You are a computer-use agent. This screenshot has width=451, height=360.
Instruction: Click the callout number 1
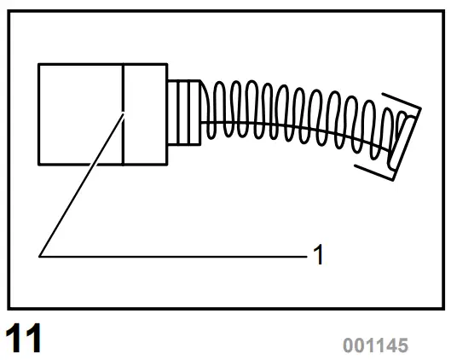point(319,254)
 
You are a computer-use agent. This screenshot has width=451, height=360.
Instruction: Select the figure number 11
point(25,339)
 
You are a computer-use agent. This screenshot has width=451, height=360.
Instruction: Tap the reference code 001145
point(375,345)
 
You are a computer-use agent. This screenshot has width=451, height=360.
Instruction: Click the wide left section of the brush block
point(81,113)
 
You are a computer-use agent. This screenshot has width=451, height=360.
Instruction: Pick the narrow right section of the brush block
point(145,113)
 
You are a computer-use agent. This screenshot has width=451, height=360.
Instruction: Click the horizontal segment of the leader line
point(171,254)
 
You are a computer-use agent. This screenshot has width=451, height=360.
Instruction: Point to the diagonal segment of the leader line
point(81,183)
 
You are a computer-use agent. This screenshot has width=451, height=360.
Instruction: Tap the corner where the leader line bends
point(39,254)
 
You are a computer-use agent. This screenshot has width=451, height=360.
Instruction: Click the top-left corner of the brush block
point(39,63)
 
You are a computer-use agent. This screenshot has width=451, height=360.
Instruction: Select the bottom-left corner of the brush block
point(39,165)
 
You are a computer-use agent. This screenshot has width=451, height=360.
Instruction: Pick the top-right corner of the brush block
point(167,63)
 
